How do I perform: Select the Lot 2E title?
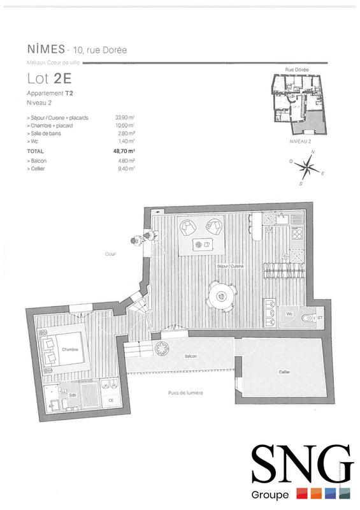(49, 78)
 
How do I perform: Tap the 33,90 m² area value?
(125, 118)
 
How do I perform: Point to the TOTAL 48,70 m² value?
(125, 151)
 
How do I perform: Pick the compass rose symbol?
(308, 169)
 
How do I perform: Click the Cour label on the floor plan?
(111, 254)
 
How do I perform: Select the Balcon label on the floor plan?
(191, 356)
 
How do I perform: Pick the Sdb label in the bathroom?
(72, 395)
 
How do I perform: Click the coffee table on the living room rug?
(204, 244)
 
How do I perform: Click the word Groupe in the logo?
(275, 495)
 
